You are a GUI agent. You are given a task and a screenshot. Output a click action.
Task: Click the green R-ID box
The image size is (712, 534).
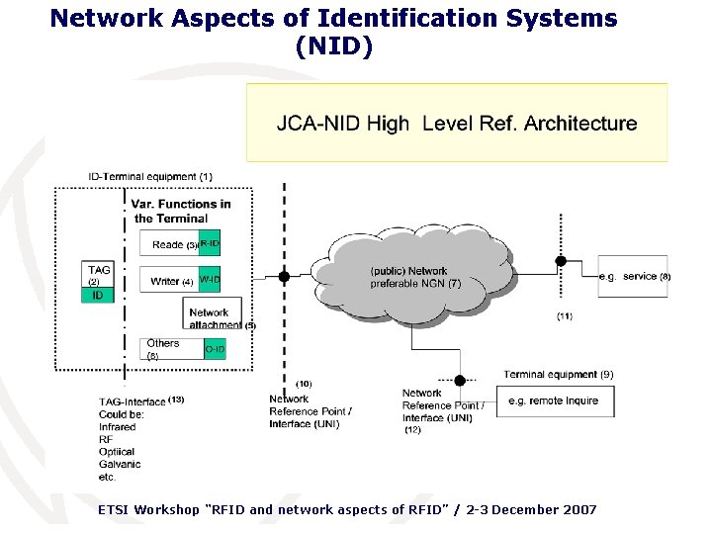[209, 243]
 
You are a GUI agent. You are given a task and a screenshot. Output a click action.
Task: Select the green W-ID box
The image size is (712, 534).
[209, 280]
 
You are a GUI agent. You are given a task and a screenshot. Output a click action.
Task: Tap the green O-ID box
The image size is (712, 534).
[215, 349]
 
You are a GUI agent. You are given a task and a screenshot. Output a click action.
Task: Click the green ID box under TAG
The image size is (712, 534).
[98, 295]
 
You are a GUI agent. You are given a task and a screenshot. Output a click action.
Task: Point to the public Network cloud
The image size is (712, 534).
[410, 276]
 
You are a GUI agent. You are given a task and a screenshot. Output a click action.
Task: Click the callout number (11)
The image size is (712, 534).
[564, 316]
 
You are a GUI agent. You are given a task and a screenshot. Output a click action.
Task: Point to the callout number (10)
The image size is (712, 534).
[304, 383]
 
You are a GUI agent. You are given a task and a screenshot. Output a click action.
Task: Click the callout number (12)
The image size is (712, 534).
[412, 430]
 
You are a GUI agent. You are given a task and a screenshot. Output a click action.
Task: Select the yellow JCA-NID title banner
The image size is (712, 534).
[456, 124]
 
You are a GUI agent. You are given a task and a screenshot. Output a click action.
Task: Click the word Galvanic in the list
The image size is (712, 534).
[120, 464]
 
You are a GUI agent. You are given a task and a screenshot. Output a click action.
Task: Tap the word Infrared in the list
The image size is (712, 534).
[118, 427]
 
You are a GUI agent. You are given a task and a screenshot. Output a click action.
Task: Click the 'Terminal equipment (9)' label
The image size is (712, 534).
[558, 375]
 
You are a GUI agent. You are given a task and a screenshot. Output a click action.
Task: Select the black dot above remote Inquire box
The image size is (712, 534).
[460, 380]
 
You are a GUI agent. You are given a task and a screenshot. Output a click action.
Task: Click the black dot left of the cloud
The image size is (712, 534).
[284, 277]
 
